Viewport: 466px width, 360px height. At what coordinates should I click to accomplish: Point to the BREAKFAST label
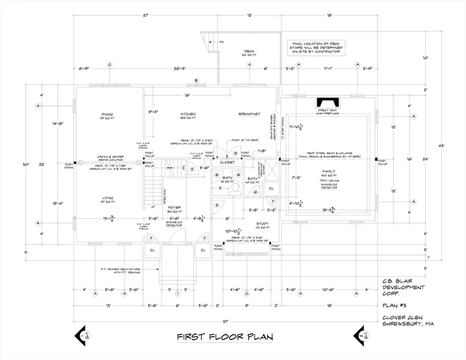click(x=249, y=114)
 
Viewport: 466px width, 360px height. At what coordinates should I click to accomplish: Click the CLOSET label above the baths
click(x=227, y=162)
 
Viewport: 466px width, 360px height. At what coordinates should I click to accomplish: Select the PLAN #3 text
click(x=392, y=306)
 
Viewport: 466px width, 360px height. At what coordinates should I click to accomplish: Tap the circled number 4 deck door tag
click(x=250, y=65)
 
